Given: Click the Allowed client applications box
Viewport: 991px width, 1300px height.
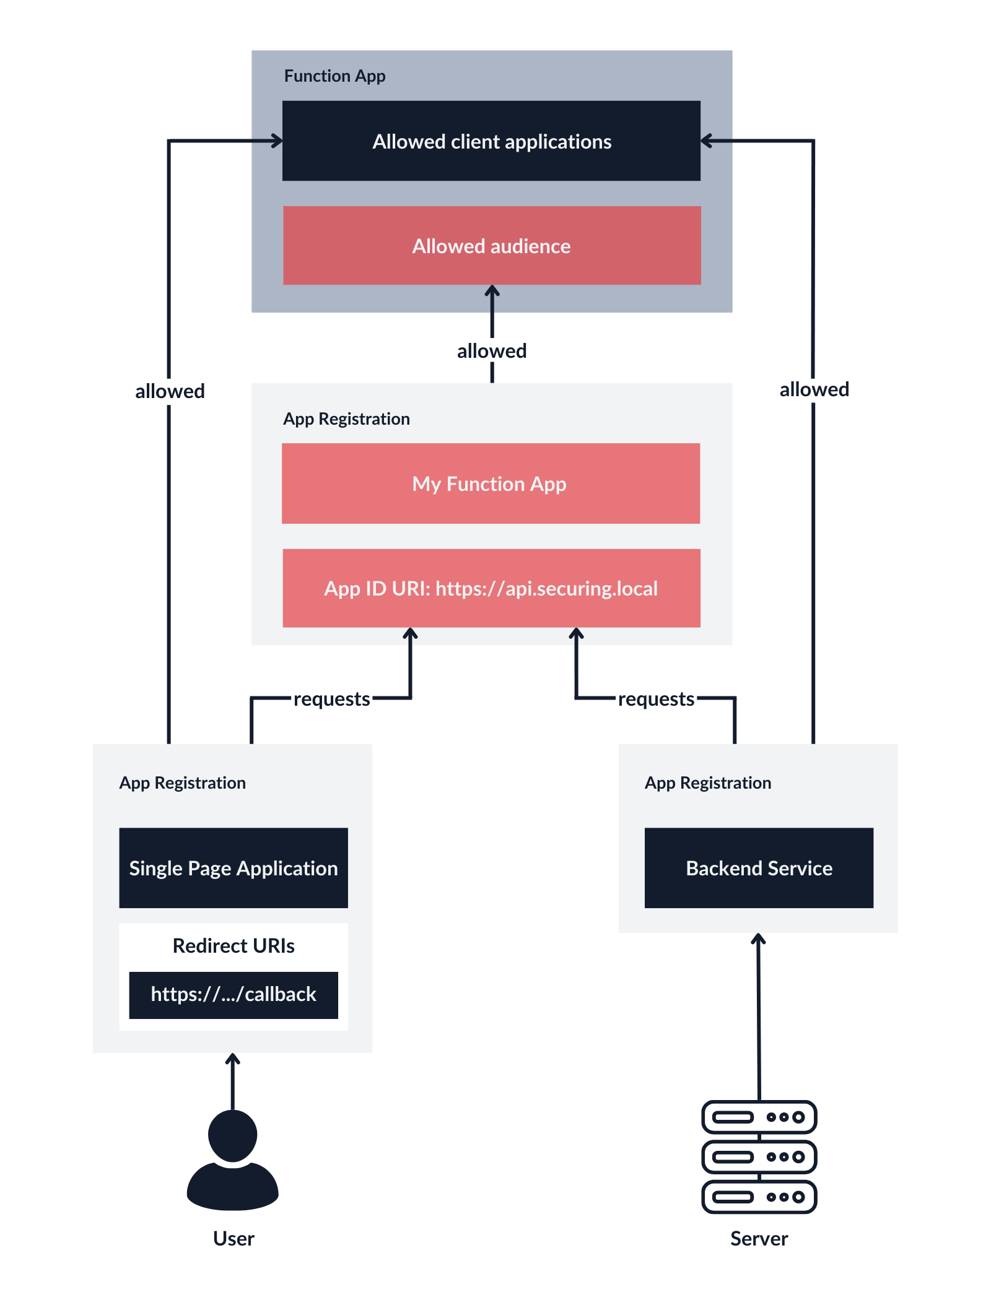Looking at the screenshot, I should coord(491,141).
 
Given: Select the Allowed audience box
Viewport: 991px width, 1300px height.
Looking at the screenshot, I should coord(491,246).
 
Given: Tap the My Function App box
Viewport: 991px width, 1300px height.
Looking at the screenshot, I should coord(490,483).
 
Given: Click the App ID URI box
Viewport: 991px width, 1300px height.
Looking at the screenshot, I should coord(491,588).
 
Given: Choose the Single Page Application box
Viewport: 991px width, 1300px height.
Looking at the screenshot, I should coord(234,868).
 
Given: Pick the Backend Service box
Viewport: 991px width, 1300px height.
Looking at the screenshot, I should coord(759,868).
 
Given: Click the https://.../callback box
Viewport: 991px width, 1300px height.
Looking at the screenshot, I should coord(234,995).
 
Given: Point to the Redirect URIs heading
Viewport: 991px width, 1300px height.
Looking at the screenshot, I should coord(234,946).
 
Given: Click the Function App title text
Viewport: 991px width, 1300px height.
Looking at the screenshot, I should coord(334,76).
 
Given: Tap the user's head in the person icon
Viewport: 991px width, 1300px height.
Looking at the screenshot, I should coord(232,1135).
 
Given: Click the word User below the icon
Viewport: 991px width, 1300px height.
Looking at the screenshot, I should coord(234,1239).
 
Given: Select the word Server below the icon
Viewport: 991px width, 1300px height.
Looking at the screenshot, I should coord(759,1239).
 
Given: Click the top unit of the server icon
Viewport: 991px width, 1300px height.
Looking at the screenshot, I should coord(759,1117).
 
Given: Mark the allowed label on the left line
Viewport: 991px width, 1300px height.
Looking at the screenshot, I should coord(170,391).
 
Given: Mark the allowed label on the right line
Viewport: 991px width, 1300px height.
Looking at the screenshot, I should coord(814,389).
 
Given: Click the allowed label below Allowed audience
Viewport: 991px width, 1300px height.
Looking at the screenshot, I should coord(492,351).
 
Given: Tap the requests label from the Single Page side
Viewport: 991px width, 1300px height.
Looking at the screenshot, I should coord(331,699).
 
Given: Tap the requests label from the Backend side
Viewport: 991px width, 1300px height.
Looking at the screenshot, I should coord(656,699).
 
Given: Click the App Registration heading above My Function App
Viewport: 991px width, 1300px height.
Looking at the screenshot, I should coord(346,419).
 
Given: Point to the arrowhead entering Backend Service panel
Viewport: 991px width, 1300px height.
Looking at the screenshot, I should coord(758,938).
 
